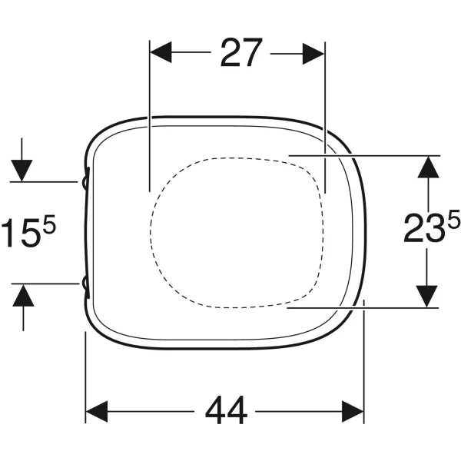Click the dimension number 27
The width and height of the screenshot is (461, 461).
240,52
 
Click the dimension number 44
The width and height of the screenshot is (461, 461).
226,410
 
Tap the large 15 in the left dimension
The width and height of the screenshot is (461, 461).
22,232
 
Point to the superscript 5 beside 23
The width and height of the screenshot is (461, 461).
453,219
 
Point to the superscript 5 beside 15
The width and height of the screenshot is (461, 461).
49,223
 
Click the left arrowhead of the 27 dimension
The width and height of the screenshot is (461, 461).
161,52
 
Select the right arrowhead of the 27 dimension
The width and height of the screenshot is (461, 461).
313,54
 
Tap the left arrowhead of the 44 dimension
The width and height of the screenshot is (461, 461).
97,411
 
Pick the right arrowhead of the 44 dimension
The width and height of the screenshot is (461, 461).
353,411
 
